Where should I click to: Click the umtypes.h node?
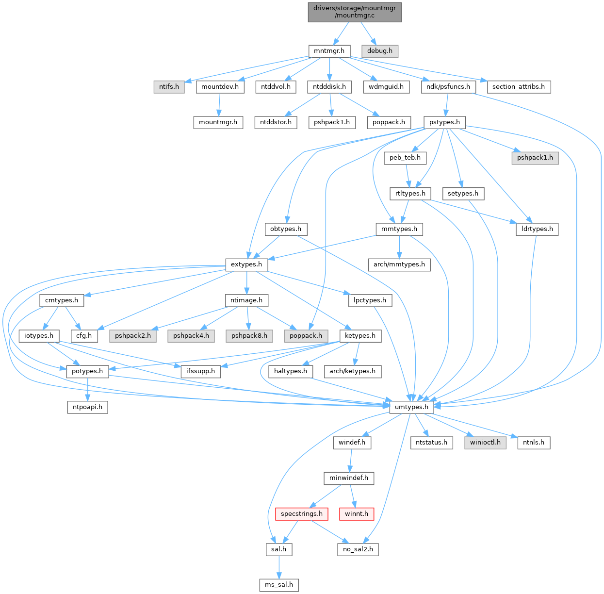coord(411,407)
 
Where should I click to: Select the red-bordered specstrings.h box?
coord(301,513)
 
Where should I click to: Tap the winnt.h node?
coord(357,513)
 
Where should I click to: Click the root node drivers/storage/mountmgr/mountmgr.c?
coord(355,12)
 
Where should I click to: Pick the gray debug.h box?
coord(379,50)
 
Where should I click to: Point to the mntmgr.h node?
coord(329,50)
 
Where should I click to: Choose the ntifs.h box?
coord(169,86)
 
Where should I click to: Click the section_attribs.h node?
coord(518,86)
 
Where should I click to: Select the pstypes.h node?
coord(444,122)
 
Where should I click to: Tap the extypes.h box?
coord(246,264)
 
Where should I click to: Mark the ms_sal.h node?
coord(278,584)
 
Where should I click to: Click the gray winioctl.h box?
coord(485,442)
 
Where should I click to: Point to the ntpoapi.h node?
coord(87,407)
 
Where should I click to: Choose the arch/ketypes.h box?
coord(352,371)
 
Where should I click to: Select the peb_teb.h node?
coord(405,157)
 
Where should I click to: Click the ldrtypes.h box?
coord(537,229)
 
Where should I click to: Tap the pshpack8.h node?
coord(249,335)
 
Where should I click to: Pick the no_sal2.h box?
coord(358,549)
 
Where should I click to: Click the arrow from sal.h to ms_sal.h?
coord(278,566)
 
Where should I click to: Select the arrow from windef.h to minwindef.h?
coord(350,460)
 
